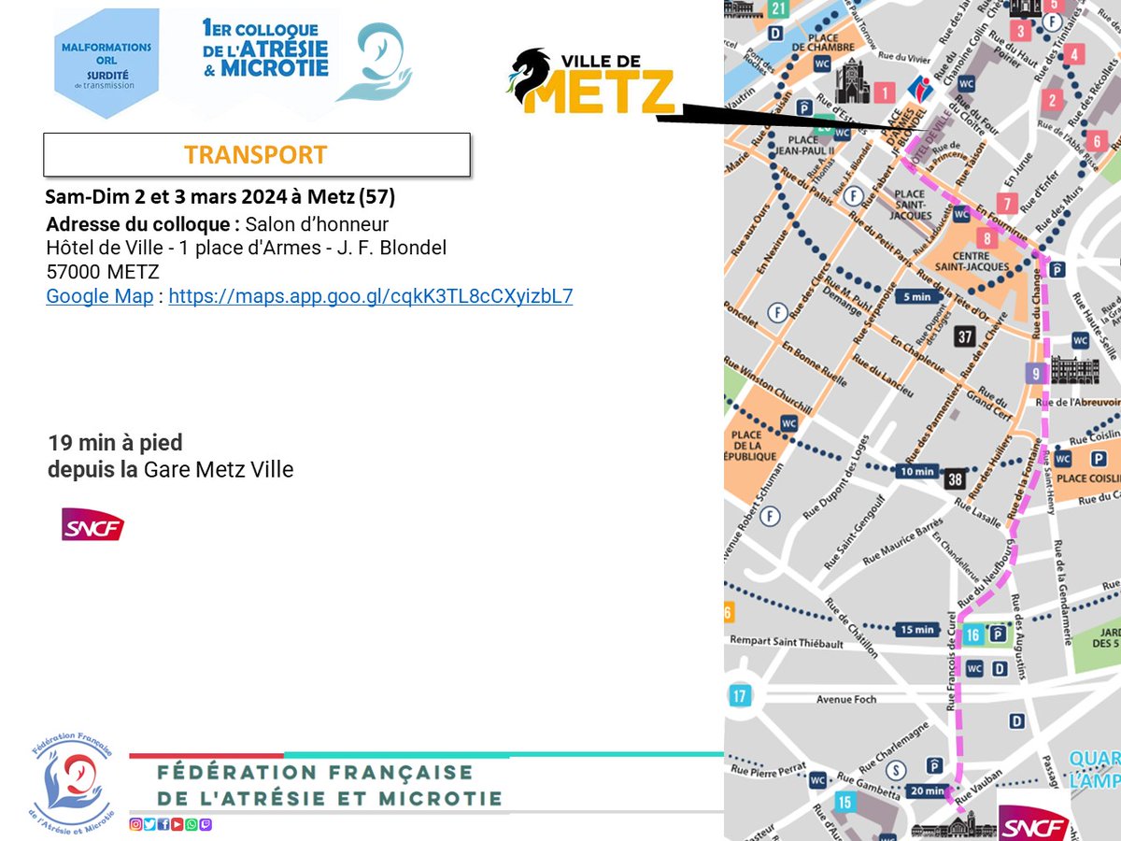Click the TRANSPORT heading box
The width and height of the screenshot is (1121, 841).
[x=256, y=155]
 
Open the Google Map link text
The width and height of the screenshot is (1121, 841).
[x=100, y=297]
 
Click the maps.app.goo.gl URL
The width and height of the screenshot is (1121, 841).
[x=370, y=297]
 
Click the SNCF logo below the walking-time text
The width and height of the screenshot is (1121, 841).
[x=92, y=524]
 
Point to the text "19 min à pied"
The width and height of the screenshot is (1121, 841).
[x=116, y=442]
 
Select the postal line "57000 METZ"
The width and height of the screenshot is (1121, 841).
[x=103, y=272]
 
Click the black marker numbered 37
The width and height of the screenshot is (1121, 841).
[x=965, y=336]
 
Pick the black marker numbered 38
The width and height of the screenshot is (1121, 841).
[x=954, y=479]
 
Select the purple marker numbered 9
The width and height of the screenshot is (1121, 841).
[x=1034, y=373]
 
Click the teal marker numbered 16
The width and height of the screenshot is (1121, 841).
[x=972, y=635]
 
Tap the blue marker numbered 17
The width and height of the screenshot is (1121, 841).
[x=741, y=695]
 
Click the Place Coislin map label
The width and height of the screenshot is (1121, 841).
[x=1088, y=478]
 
